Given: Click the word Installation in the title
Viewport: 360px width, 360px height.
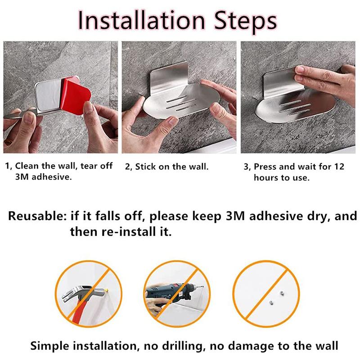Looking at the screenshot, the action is pyautogui.click(x=141, y=21).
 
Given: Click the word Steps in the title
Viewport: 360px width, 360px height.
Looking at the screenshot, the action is pyautogui.click(x=245, y=22).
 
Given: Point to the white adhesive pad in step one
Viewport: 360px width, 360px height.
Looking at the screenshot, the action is pyautogui.click(x=49, y=94).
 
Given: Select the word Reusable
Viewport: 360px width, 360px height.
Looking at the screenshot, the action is pyautogui.click(x=37, y=216).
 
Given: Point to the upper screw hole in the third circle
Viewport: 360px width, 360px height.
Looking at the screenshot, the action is pyautogui.click(x=282, y=293).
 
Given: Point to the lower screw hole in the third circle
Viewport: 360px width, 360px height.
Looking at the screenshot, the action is pyautogui.click(x=271, y=303).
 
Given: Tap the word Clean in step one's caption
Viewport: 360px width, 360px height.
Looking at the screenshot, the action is pyautogui.click(x=27, y=166).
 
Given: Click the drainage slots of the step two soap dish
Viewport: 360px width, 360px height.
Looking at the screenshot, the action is pyautogui.click(x=181, y=103).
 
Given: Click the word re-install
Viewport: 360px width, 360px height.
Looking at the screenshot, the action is pyautogui.click(x=129, y=231).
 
